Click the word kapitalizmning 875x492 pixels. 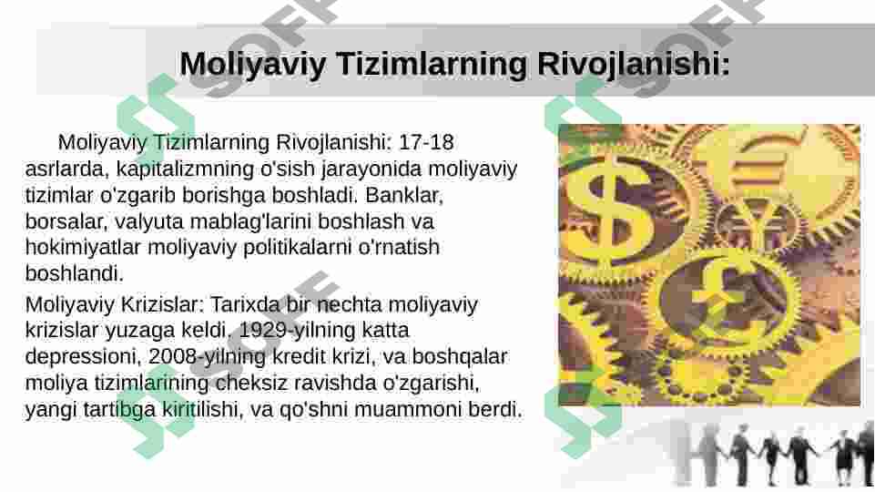(x=149, y=169)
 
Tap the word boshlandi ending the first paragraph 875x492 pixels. (x=74, y=273)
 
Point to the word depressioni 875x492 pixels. (x=81, y=356)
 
